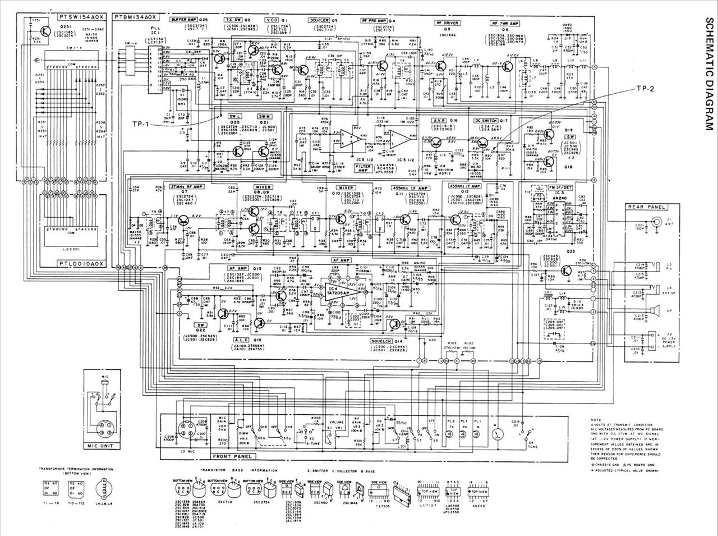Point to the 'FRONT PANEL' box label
[x=232, y=457]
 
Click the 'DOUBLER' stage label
[x=318, y=20]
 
